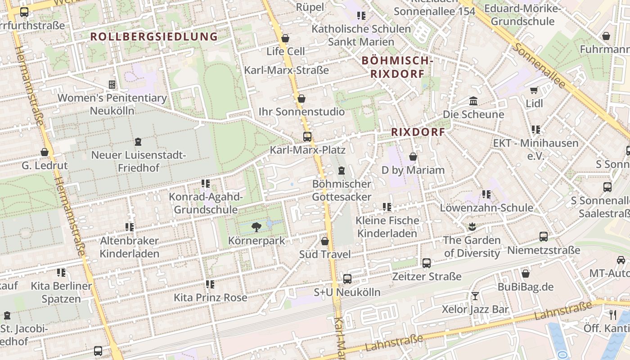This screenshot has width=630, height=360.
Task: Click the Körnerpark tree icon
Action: click(256, 227)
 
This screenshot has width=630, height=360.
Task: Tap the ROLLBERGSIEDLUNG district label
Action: click(154, 36)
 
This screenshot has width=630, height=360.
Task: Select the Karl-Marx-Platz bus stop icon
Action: click(307, 136)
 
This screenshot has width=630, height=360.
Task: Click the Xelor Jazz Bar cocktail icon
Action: click(475, 296)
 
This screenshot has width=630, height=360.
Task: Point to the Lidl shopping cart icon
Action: click(534, 90)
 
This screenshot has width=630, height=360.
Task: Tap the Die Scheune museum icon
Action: click(473, 101)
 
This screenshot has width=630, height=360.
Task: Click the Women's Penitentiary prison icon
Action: click(112, 84)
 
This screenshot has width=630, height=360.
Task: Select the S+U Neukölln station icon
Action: click(347, 279)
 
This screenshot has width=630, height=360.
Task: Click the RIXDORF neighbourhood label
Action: click(418, 132)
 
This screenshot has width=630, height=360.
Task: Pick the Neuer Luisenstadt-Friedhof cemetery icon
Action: click(138, 142)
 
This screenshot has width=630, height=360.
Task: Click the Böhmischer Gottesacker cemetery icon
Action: click(342, 171)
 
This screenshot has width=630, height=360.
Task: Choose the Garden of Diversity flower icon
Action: click(472, 226)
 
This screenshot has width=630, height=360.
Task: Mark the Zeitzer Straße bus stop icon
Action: click(426, 263)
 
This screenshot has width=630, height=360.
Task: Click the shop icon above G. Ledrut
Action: click(45, 152)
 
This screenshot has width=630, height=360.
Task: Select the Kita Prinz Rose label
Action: click(210, 297)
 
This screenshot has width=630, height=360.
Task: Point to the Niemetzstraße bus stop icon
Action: click(543, 236)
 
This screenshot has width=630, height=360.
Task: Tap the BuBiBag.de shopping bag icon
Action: click(525, 273)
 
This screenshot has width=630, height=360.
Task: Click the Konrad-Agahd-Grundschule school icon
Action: click(206, 183)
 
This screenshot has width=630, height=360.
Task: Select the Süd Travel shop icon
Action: click(324, 241)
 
